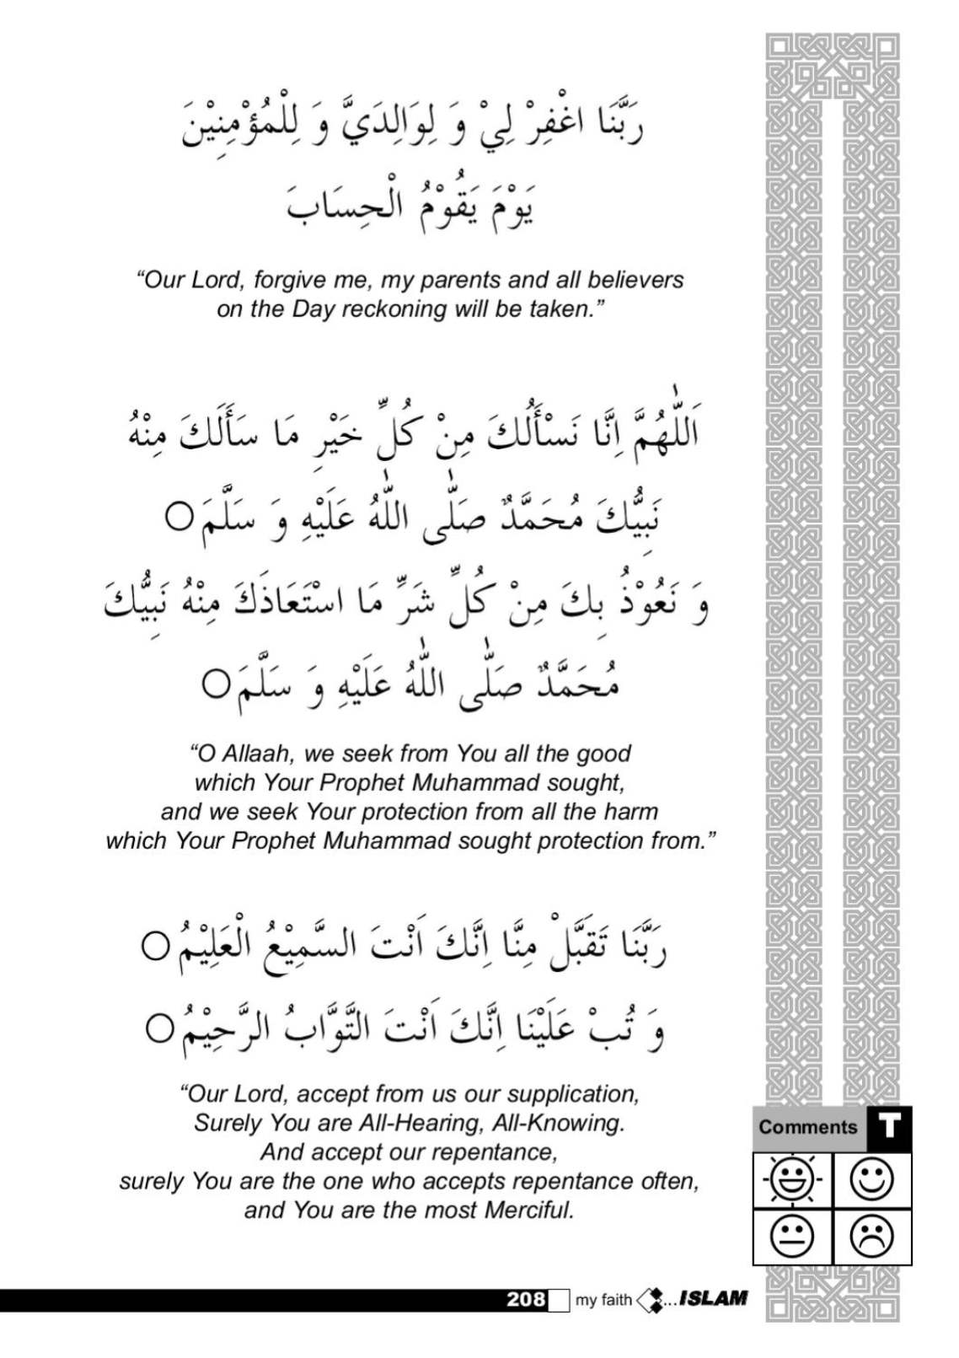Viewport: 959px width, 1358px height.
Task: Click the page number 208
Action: click(x=527, y=1299)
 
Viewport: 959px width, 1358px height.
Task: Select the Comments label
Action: click(x=807, y=1127)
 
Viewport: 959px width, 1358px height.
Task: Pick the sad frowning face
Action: click(x=872, y=1236)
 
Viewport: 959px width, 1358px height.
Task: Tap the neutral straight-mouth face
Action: click(x=791, y=1236)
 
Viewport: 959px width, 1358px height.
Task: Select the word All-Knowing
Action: click(x=565, y=1123)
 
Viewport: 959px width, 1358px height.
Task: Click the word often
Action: click(x=670, y=1181)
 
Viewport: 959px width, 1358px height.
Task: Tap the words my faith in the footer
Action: click(x=603, y=1300)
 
